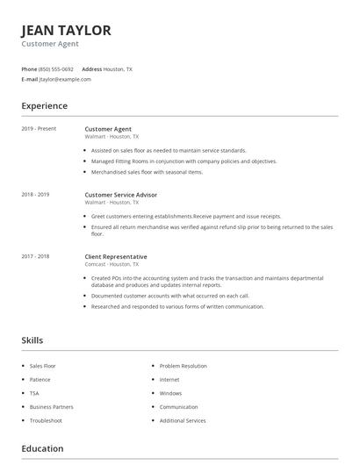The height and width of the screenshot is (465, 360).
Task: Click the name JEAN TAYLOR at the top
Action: tap(67, 31)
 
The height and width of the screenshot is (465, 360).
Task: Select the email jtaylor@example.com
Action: tap(65, 79)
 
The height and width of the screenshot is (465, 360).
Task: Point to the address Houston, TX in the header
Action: tap(118, 68)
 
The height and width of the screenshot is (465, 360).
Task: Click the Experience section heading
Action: tap(44, 106)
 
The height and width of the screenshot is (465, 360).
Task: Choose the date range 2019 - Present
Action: tap(39, 129)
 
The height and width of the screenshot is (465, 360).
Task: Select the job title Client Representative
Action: tap(116, 256)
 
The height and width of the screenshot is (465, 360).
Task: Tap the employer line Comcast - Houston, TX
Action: tap(112, 264)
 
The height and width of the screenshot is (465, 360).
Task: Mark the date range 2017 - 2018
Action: tap(35, 256)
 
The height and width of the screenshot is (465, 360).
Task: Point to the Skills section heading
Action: tap(32, 340)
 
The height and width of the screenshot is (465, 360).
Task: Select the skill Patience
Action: tap(40, 380)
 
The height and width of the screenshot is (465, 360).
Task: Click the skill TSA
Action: tap(34, 393)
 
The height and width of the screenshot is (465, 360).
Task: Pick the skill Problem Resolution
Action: tap(183, 366)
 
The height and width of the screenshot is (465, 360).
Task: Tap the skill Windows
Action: tap(170, 393)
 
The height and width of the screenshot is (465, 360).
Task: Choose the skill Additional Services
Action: tap(183, 420)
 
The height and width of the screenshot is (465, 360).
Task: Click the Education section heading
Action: tap(42, 449)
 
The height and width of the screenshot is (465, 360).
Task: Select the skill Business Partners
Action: tap(52, 407)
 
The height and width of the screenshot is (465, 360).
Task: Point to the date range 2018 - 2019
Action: tap(35, 194)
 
